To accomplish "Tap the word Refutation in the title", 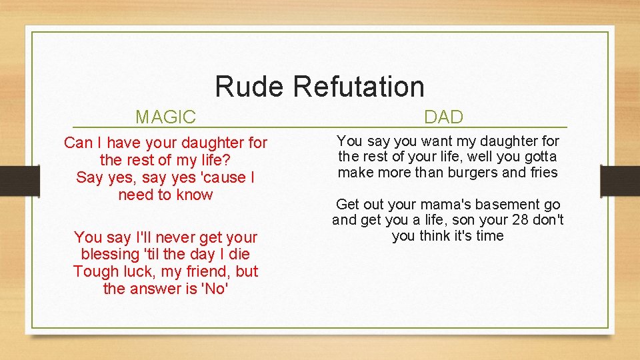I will [358, 87].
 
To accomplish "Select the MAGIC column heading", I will [165, 118].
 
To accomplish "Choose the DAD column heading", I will [443, 118].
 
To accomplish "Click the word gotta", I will [540, 157].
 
